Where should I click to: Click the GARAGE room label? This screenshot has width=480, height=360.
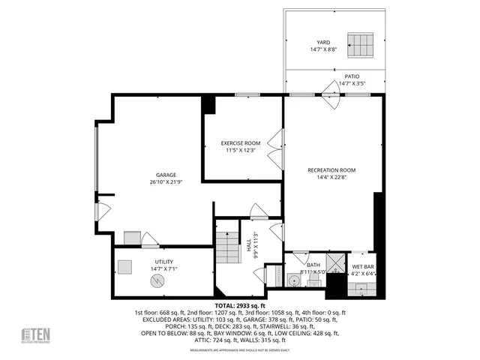pyautogui.click(x=155, y=175)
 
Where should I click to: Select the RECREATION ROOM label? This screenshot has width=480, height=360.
pyautogui.click(x=331, y=170)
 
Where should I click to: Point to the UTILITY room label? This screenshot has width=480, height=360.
pyautogui.click(x=143, y=262)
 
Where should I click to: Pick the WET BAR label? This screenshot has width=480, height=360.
pyautogui.click(x=364, y=266)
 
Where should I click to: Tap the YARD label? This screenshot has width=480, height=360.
pyautogui.click(x=323, y=42)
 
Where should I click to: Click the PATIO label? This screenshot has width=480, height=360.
pyautogui.click(x=352, y=76)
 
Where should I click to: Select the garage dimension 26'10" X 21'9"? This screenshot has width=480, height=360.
pyautogui.click(x=155, y=182)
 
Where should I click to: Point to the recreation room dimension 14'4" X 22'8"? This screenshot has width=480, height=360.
pyautogui.click(x=331, y=178)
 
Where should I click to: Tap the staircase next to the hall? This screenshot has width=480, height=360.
pyautogui.click(x=226, y=243)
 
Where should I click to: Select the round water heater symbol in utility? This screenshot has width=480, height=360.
pyautogui.click(x=157, y=280)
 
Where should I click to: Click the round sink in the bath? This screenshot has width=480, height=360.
pyautogui.click(x=294, y=281)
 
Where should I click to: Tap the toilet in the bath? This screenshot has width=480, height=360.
pyautogui.click(x=314, y=279)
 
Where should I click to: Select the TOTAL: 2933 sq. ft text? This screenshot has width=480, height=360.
pyautogui.click(x=240, y=306)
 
